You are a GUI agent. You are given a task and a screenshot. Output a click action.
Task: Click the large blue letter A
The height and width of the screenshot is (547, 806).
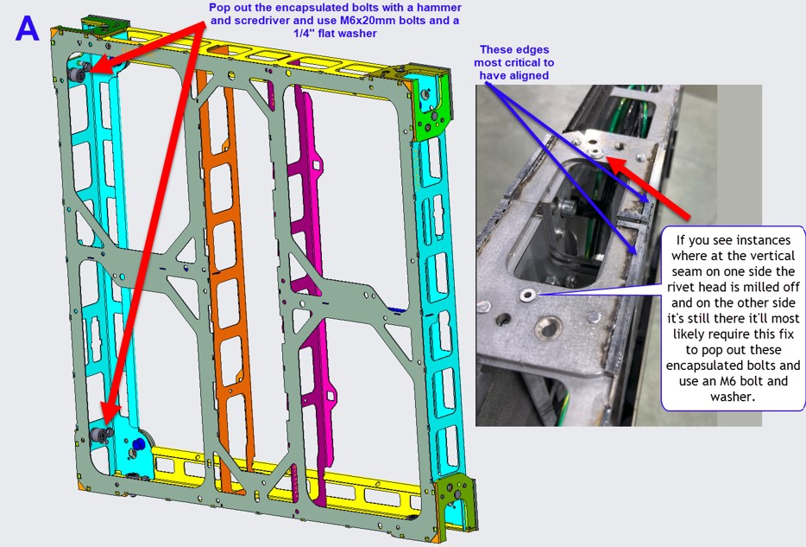(28, 29)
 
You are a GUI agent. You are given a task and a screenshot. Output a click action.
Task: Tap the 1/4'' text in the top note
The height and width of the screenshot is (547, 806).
(306, 34)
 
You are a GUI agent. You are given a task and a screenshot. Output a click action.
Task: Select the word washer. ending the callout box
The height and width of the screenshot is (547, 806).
(732, 397)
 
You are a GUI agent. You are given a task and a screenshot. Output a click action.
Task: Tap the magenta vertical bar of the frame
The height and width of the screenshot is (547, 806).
(307, 288)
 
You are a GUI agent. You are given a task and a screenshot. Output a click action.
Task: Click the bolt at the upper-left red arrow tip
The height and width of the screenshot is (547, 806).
(78, 73)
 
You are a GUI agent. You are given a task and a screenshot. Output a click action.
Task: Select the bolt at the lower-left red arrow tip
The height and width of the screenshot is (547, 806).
(100, 436)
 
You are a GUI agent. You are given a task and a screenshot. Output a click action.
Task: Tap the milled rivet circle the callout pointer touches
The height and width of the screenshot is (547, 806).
(527, 296)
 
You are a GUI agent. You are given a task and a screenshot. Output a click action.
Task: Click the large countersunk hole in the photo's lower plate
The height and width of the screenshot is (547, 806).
(548, 326)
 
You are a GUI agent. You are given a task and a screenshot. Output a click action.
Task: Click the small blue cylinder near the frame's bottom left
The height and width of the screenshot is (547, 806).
(137, 444)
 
